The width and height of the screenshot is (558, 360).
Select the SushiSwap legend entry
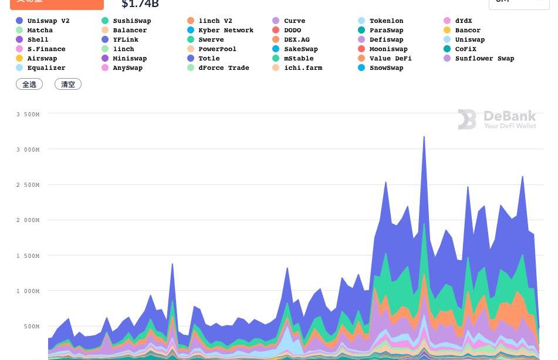pyautogui.click(x=131, y=21)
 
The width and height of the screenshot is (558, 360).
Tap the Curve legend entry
pyautogui.click(x=294, y=21)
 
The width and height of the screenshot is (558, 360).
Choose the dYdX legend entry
pyautogui.click(x=463, y=21)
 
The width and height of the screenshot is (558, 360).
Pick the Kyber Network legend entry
pyautogui.click(x=225, y=30)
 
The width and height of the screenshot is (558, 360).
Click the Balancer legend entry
pyautogui.click(x=130, y=30)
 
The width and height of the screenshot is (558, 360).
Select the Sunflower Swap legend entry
pyautogui.click(x=484, y=58)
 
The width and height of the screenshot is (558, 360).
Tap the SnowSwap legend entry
pyautogui.click(x=386, y=68)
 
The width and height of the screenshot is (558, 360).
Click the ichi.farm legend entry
pyautogui.click(x=303, y=68)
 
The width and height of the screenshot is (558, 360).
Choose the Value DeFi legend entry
pyautogui.click(x=390, y=58)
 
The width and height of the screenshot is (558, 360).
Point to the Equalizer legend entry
pyautogui.click(x=46, y=68)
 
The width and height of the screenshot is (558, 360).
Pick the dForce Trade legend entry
pyautogui.click(x=224, y=68)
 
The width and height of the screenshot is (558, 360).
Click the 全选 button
pyautogui.click(x=29, y=84)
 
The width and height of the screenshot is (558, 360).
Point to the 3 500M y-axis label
pyautogui.click(x=28, y=114)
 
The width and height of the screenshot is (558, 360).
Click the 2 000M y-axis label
pyautogui.click(x=28, y=220)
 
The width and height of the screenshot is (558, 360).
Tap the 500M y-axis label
pyautogui.click(x=30, y=326)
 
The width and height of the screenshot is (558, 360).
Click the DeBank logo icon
pyautogui.click(x=467, y=119)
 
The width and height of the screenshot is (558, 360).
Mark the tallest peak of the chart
pyautogui.click(x=424, y=137)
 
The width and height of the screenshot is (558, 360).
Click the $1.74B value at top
pyautogui.click(x=140, y=4)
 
